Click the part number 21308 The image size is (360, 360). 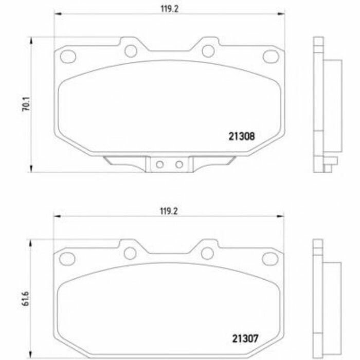click(x=242, y=136)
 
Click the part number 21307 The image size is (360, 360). click(x=245, y=338)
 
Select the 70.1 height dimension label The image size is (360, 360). click(x=26, y=104)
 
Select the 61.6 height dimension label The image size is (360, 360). click(x=26, y=299)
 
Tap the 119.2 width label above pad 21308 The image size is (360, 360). click(x=169, y=9)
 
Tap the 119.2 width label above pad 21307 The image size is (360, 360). click(x=169, y=211)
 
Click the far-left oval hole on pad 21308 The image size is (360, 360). click(x=68, y=57)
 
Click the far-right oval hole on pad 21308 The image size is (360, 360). click(x=271, y=57)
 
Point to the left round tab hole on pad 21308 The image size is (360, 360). click(x=131, y=51)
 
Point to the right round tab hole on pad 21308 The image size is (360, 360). click(x=208, y=51)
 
